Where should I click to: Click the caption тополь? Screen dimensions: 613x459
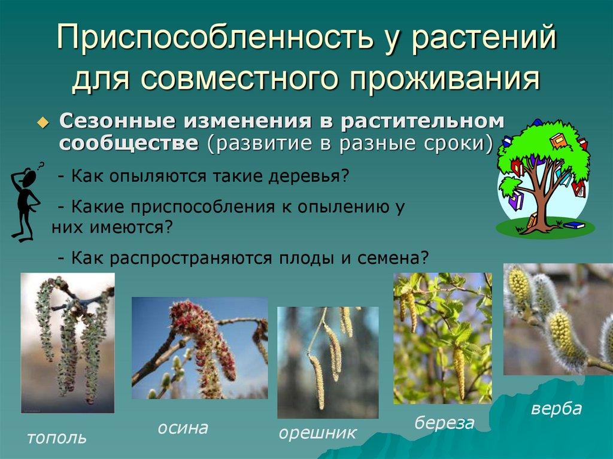(57, 438)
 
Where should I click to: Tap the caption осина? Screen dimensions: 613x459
(183, 428)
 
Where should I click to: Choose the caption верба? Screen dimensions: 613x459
(557, 409)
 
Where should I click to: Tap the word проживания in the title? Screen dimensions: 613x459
(444, 78)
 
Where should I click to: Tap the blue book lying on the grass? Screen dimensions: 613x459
(574, 225)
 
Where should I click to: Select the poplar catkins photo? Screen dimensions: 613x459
(68, 343)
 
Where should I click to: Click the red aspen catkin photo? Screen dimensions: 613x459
(200, 348)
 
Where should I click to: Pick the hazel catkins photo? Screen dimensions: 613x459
(328, 363)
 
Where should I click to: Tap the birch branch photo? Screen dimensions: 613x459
(442, 338)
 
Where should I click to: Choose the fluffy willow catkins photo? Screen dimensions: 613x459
(559, 320)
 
